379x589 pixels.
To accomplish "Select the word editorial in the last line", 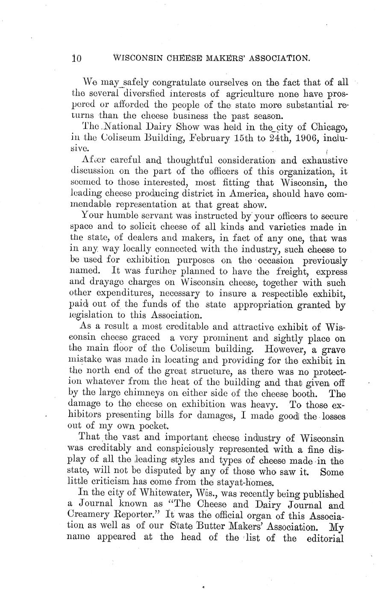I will [326, 538].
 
